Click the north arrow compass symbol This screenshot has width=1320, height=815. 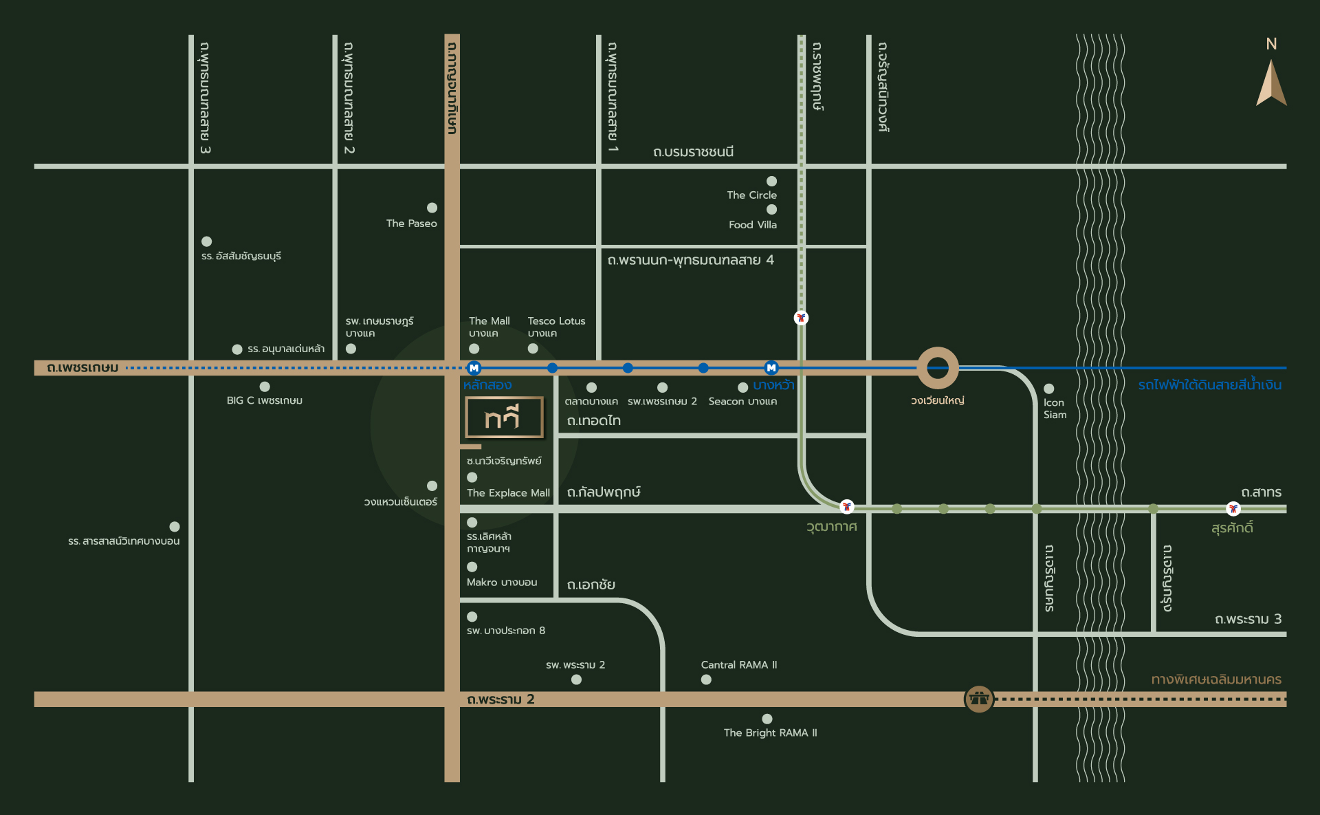(x=1271, y=83)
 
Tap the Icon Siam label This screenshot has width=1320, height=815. (x=1055, y=409)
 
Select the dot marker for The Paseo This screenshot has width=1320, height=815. (x=432, y=208)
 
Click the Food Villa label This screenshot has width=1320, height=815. (x=753, y=225)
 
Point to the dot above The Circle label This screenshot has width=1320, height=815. (x=771, y=181)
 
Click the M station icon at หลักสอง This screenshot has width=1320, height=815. (x=474, y=368)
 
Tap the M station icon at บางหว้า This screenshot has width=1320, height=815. (x=771, y=368)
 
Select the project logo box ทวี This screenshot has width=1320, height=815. (x=505, y=417)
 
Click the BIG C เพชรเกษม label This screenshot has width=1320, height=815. (x=265, y=400)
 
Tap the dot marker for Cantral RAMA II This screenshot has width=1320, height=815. (x=706, y=680)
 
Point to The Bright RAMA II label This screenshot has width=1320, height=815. (x=771, y=733)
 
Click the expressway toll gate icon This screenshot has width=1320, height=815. (x=979, y=699)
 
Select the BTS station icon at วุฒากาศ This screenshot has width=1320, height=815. (x=847, y=506)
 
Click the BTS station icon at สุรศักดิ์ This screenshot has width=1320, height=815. (x=1233, y=509)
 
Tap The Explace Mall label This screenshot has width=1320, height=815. (x=508, y=493)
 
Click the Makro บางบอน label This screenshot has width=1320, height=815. (x=502, y=583)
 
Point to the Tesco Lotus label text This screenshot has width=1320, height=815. (x=557, y=321)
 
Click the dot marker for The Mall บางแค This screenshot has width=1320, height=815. (x=474, y=349)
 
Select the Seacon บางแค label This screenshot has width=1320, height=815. (x=743, y=402)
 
